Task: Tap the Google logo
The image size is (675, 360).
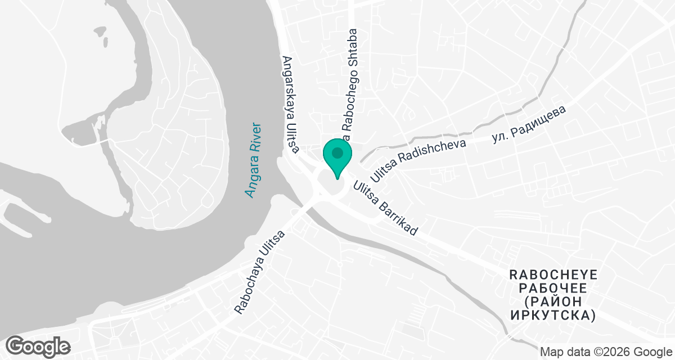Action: point(39,345)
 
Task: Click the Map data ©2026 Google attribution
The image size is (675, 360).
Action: point(606,352)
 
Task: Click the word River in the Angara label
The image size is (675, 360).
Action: point(257,137)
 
